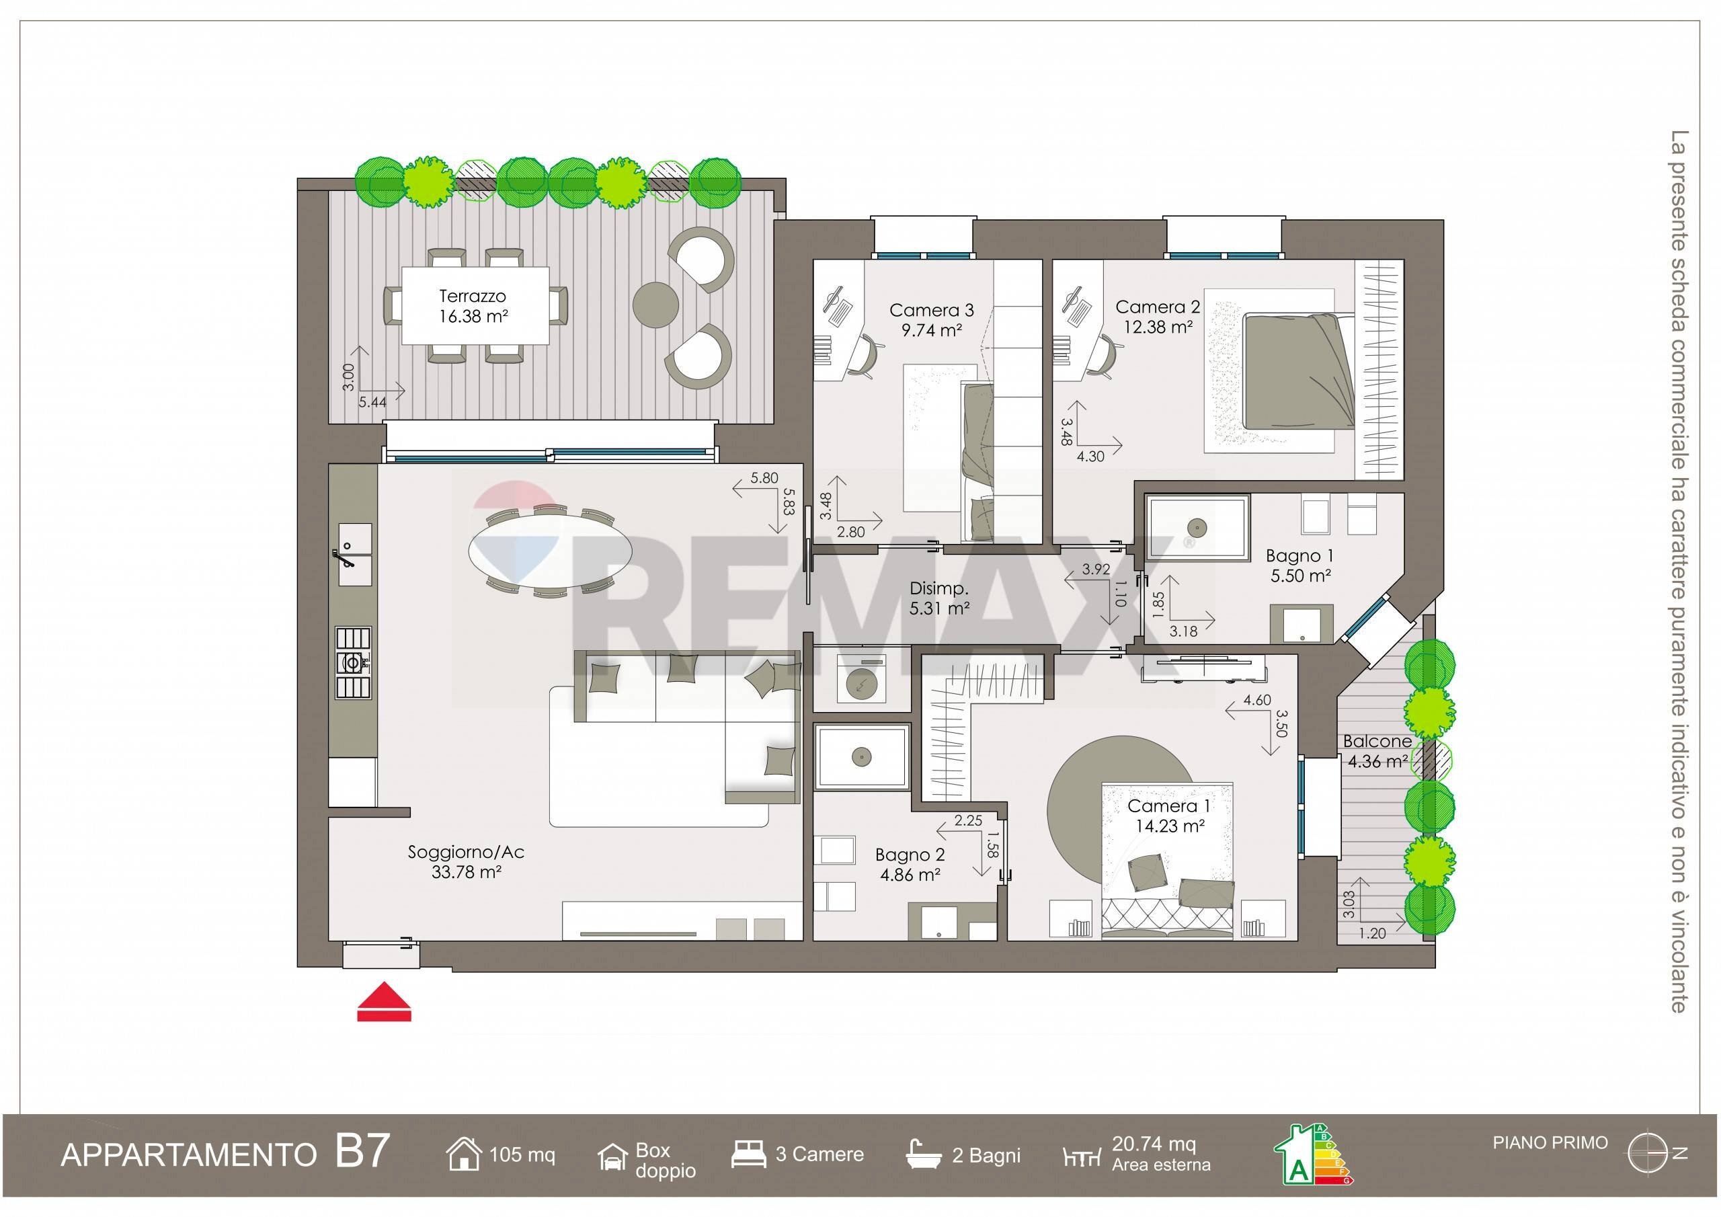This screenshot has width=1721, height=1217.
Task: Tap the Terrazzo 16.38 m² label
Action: [x=473, y=306]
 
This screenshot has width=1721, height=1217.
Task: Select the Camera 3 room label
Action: [x=931, y=319]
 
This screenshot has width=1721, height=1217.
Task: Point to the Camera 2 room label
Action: [x=1158, y=317]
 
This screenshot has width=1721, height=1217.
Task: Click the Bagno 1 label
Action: [x=1299, y=565]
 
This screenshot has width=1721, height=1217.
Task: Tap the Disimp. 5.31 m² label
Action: [x=939, y=598]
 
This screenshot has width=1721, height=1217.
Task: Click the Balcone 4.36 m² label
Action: [x=1377, y=751]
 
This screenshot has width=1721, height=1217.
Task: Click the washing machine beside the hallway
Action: [x=860, y=682]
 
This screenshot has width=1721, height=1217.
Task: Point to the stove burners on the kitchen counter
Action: [x=352, y=662]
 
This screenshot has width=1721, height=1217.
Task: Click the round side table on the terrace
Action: [x=656, y=305]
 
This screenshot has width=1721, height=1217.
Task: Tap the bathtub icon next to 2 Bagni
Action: [x=924, y=1154]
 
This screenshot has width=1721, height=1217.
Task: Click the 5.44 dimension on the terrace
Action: [x=372, y=402]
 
